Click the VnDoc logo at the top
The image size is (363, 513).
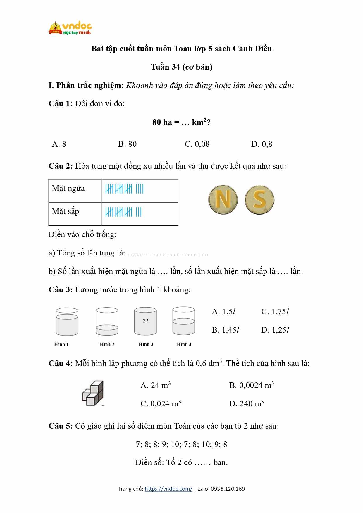click(x=70, y=28)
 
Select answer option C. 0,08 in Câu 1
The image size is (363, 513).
click(x=197, y=144)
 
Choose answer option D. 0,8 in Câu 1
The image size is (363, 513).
click(x=262, y=144)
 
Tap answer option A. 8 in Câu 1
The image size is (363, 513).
click(x=59, y=144)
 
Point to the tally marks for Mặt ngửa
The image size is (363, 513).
click(x=124, y=189)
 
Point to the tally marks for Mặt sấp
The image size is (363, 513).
click(x=123, y=212)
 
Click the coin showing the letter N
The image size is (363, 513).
click(x=223, y=200)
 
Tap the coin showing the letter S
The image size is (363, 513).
click(x=259, y=200)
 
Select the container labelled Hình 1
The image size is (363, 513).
click(x=67, y=322)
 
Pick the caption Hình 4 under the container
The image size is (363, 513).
click(x=184, y=344)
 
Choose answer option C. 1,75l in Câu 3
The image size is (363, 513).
click(x=275, y=312)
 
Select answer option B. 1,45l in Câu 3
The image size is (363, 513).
click(x=225, y=330)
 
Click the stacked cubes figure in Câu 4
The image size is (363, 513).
click(x=93, y=393)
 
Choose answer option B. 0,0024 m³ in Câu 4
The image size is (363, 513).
click(x=251, y=385)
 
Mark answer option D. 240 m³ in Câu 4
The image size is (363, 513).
click(x=246, y=404)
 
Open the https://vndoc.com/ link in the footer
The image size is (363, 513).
click(x=168, y=489)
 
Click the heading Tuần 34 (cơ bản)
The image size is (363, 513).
click(x=181, y=67)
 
